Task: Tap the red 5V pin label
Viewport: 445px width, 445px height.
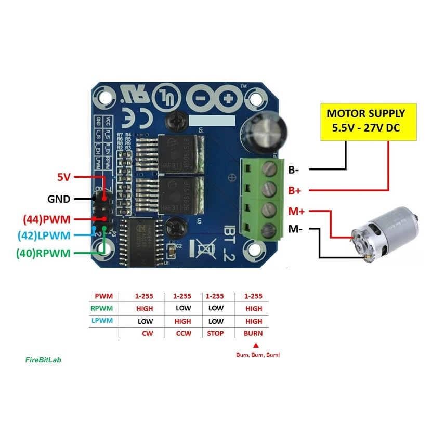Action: click(63, 177)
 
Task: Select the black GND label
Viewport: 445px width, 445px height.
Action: click(59, 199)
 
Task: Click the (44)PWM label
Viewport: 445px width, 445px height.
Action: click(46, 219)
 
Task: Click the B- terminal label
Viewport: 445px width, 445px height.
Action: click(295, 169)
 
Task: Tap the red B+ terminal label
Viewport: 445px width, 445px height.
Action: click(295, 190)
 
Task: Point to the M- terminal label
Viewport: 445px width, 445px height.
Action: click(295, 229)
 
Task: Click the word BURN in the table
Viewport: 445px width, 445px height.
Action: click(253, 333)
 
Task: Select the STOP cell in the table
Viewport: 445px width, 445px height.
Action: click(215, 333)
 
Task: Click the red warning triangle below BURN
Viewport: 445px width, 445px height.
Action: click(255, 345)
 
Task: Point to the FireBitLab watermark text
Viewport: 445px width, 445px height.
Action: click(43, 359)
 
